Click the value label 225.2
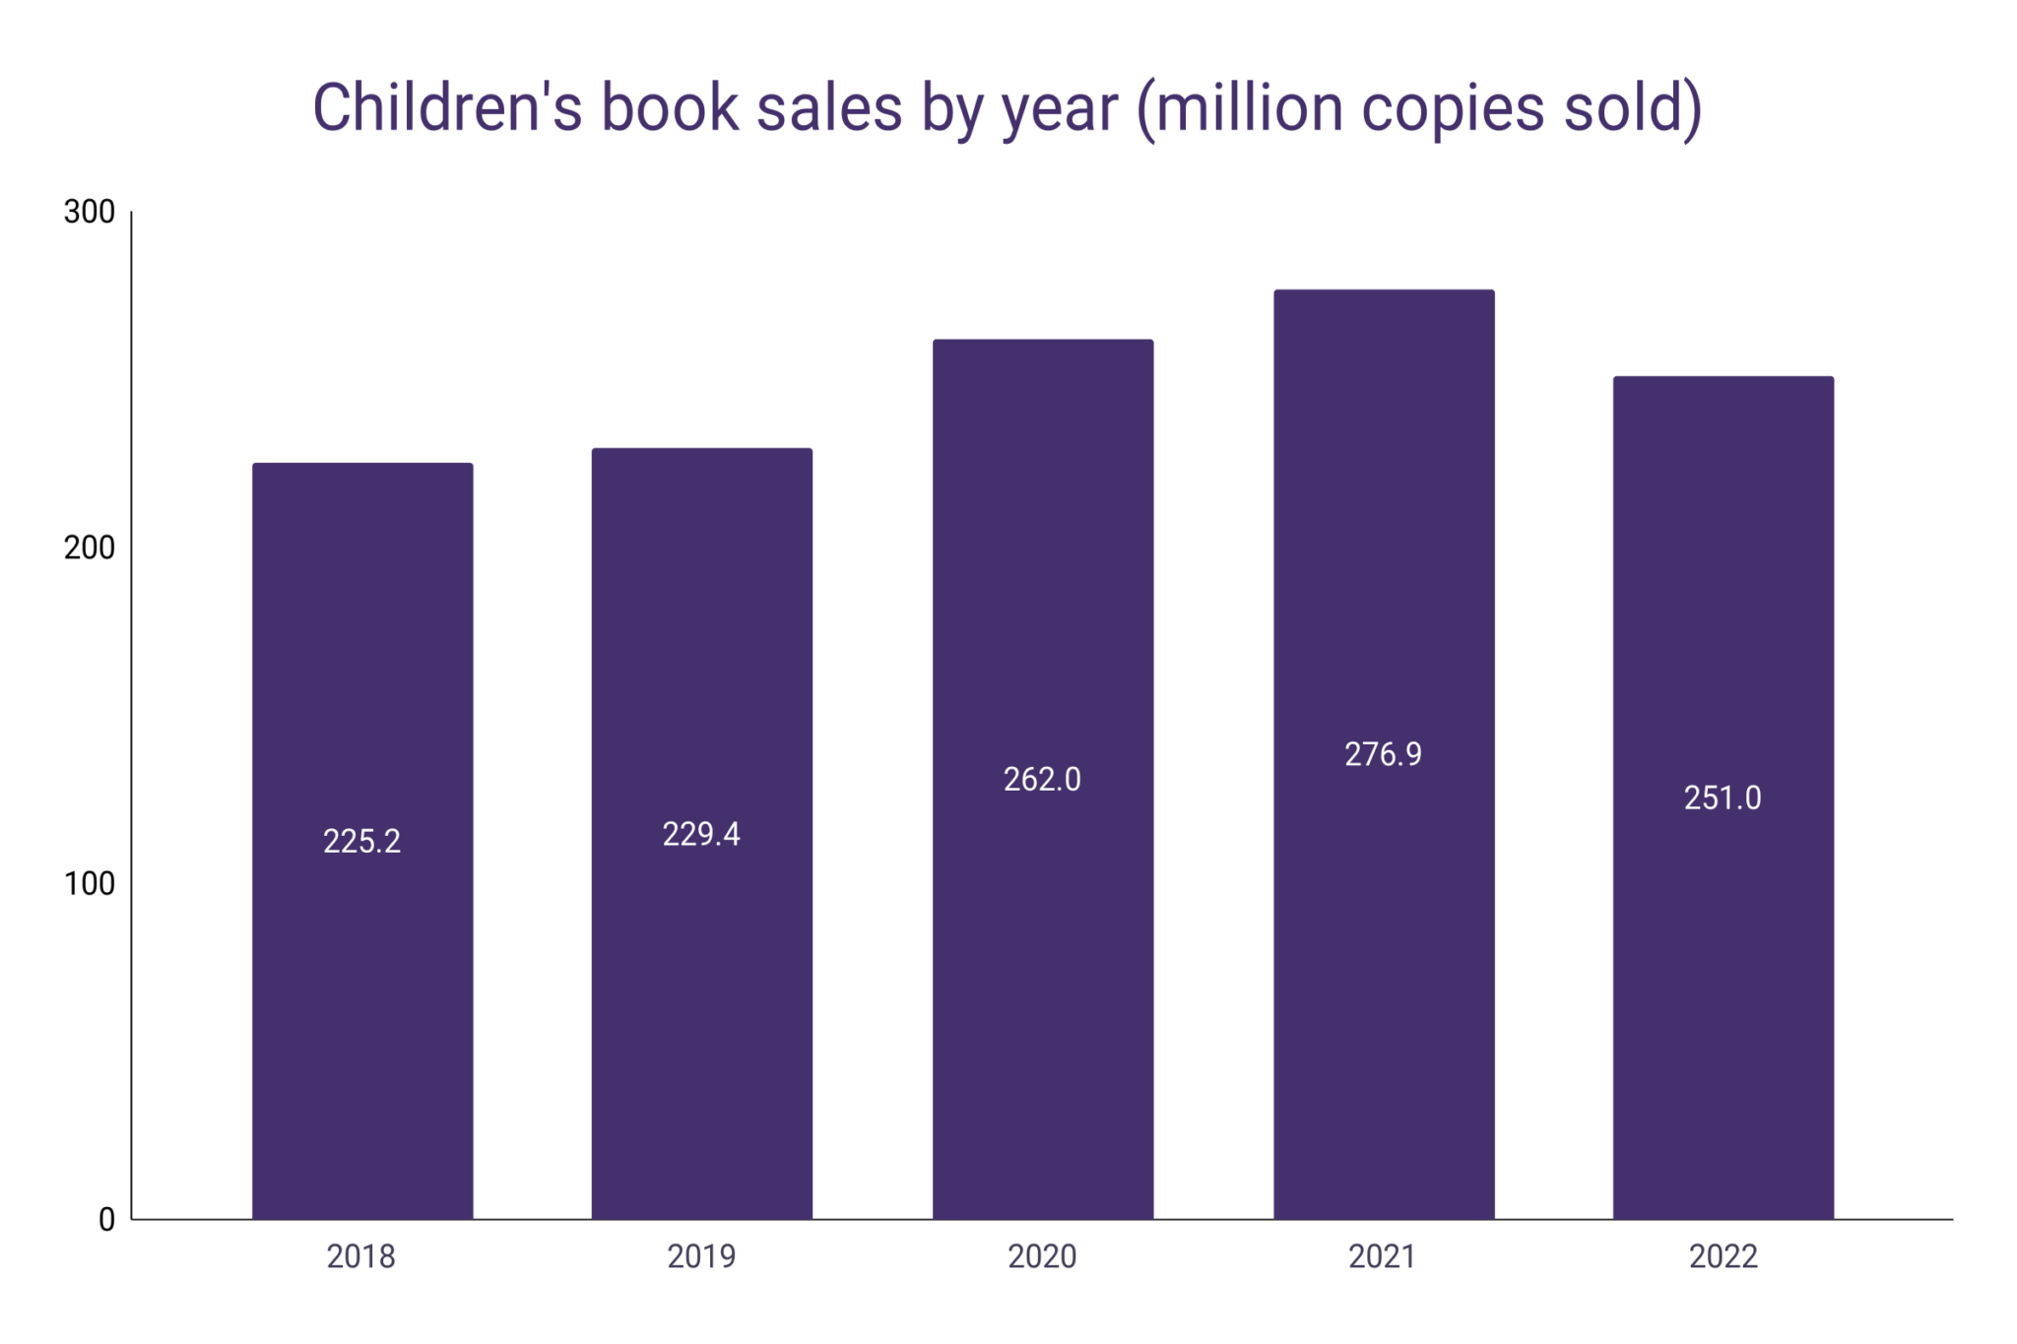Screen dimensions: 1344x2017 [362, 841]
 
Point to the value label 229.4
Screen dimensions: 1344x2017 [701, 834]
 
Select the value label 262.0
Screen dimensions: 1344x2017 [1042, 779]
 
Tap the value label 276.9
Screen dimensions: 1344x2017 [1383, 754]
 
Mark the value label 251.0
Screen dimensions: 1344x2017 [1723, 798]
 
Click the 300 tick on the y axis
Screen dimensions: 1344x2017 [90, 212]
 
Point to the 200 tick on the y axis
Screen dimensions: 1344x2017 [90, 547]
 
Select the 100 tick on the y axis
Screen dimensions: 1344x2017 [90, 883]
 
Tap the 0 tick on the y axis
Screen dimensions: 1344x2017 [106, 1220]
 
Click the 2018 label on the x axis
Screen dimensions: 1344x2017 [360, 1256]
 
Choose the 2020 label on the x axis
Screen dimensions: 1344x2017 [1042, 1256]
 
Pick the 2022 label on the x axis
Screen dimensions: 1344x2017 [1723, 1256]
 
